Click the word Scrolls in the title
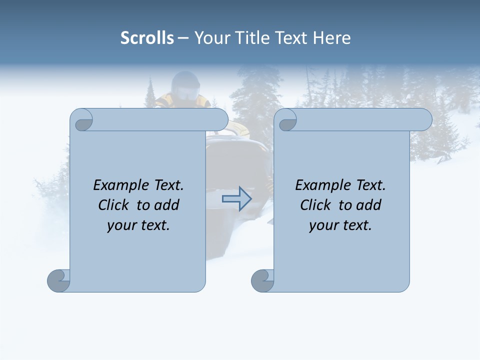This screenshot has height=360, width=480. (147, 38)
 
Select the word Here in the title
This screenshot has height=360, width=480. (332, 38)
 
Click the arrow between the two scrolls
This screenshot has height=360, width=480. (236, 198)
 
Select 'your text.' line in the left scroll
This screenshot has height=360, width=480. (138, 225)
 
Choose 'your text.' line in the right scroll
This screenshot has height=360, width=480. (340, 225)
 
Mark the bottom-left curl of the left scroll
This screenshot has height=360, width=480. (58, 280)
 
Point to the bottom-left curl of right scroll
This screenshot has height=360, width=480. (262, 280)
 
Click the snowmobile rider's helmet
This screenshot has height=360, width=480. (185, 84)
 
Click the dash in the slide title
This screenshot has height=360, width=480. (183, 38)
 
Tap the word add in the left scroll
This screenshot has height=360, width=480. (167, 205)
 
